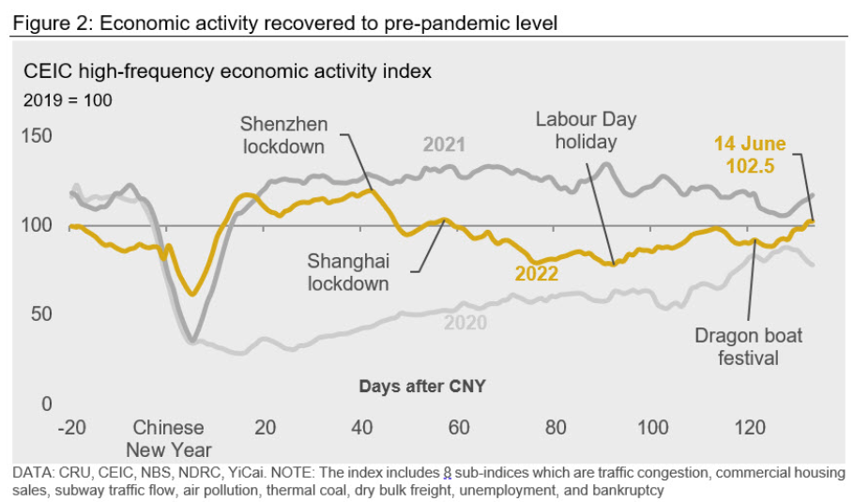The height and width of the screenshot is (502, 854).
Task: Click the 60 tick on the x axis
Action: click(459, 428)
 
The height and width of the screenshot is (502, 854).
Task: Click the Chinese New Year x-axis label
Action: click(169, 438)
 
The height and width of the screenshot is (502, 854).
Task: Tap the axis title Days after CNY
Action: click(421, 386)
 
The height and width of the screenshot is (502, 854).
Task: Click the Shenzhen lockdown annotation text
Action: click(282, 135)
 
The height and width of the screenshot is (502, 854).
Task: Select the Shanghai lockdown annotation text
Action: click(347, 271)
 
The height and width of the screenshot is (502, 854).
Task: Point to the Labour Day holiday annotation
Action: click(586, 130)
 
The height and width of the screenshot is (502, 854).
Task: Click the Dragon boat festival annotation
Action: click(749, 346)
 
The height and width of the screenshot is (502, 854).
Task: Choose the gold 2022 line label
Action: click(536, 274)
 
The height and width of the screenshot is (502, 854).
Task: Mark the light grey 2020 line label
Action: click(465, 323)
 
